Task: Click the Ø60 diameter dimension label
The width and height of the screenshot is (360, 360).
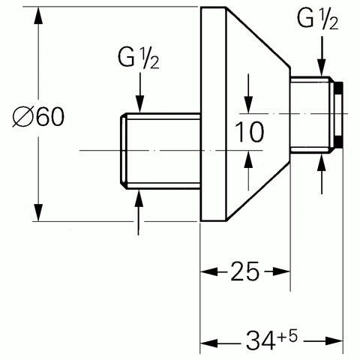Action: (x=38, y=116)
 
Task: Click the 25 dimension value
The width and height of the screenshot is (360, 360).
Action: (x=244, y=271)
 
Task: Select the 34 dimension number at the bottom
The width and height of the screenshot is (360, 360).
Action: (x=260, y=340)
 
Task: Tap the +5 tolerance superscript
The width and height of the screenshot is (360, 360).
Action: (x=288, y=336)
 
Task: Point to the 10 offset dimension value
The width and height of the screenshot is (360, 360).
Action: (x=249, y=132)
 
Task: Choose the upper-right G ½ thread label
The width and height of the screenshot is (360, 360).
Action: (x=317, y=19)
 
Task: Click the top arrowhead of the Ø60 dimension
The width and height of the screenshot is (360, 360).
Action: (x=38, y=16)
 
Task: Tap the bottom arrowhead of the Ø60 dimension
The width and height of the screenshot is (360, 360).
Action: (x=38, y=213)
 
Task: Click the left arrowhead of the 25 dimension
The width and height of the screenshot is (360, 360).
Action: (x=209, y=271)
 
